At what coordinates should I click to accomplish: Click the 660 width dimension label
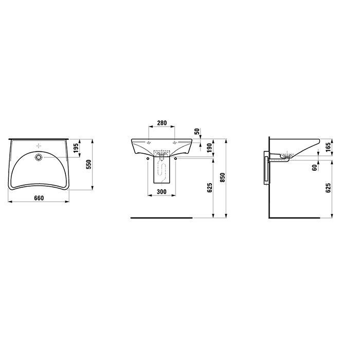click(x=39, y=198)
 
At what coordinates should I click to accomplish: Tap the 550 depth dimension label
click(x=88, y=165)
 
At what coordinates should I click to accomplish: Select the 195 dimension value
click(x=76, y=148)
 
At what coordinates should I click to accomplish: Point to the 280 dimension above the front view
click(x=161, y=123)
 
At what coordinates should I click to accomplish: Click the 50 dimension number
click(x=197, y=132)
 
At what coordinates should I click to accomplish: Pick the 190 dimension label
click(x=210, y=148)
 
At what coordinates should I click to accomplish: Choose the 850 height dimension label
click(x=223, y=177)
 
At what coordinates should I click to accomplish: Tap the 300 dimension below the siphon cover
click(x=161, y=191)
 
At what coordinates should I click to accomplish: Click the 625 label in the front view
click(x=210, y=188)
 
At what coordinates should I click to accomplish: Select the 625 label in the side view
click(x=328, y=188)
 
